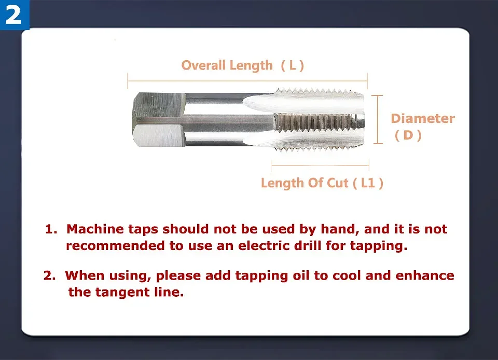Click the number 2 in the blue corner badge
point(13,15)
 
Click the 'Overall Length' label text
point(227,65)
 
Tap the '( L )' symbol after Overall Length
point(292,65)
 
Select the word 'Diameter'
point(422,119)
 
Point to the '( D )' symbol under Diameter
point(408,136)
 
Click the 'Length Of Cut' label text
point(305,183)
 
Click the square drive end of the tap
point(158,120)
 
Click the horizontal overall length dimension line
point(247,81)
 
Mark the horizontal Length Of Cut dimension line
point(320,166)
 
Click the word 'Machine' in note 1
point(95,229)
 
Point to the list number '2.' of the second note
point(50,275)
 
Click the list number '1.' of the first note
point(51,229)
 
